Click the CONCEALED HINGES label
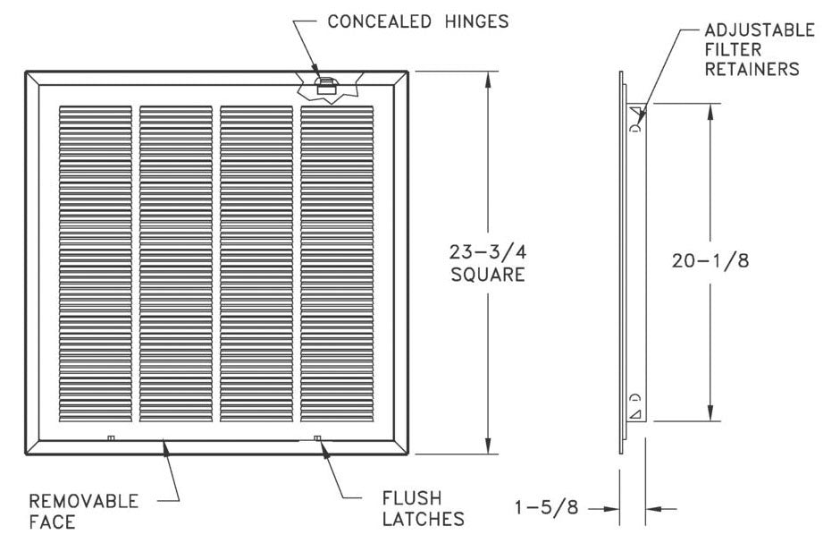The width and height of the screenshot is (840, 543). point(418,21)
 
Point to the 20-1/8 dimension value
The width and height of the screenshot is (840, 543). point(710,260)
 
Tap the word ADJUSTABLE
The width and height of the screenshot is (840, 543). point(760,30)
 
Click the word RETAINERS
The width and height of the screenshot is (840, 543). point(752,69)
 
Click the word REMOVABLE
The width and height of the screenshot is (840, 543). point(83,501)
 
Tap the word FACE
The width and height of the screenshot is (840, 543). point(52,522)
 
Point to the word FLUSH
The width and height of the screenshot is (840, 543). point(412,497)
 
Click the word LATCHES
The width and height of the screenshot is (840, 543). point(424,518)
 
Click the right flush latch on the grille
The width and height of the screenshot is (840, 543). point(318,437)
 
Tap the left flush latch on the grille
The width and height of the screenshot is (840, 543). point(110,437)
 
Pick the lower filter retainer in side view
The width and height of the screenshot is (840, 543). point(635,407)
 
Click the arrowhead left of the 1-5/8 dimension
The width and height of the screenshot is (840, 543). point(613,508)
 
